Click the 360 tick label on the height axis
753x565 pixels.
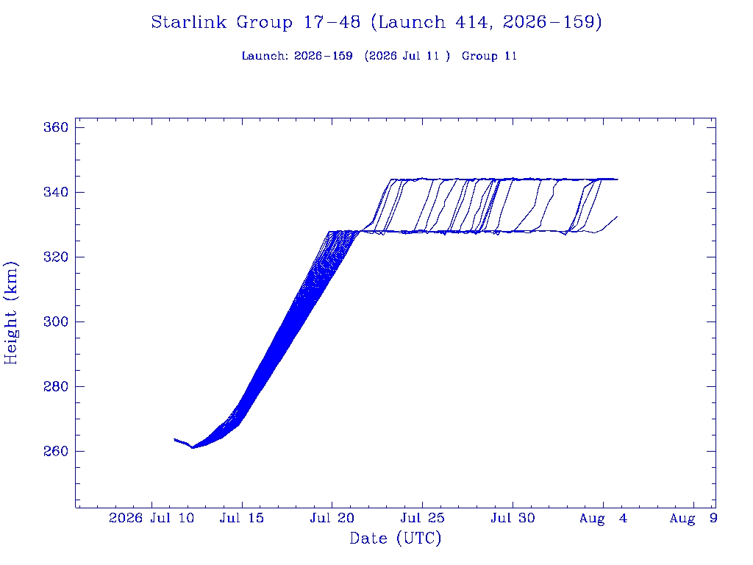[x=56, y=127]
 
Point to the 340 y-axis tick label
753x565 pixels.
[x=56, y=192]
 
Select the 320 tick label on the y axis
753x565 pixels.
[x=56, y=257]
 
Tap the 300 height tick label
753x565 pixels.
[x=56, y=321]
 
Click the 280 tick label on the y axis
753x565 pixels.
[x=56, y=386]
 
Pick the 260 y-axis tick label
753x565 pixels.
[x=56, y=451]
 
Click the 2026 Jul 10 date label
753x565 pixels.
[x=151, y=518]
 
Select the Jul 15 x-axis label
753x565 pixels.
[x=242, y=518]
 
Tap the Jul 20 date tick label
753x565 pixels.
[x=332, y=518]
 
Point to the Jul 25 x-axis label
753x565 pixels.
[x=423, y=518]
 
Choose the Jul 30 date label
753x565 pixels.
[x=513, y=518]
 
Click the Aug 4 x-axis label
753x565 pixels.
[x=603, y=519]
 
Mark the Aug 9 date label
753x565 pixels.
[x=693, y=519]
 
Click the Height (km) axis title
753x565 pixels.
[x=10, y=313]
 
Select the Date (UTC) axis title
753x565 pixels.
[x=395, y=538]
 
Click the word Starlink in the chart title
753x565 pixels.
[x=189, y=22]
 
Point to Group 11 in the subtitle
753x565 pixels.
[x=489, y=56]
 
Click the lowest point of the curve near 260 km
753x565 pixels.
[x=192, y=448]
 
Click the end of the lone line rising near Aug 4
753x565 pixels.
[x=617, y=217]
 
